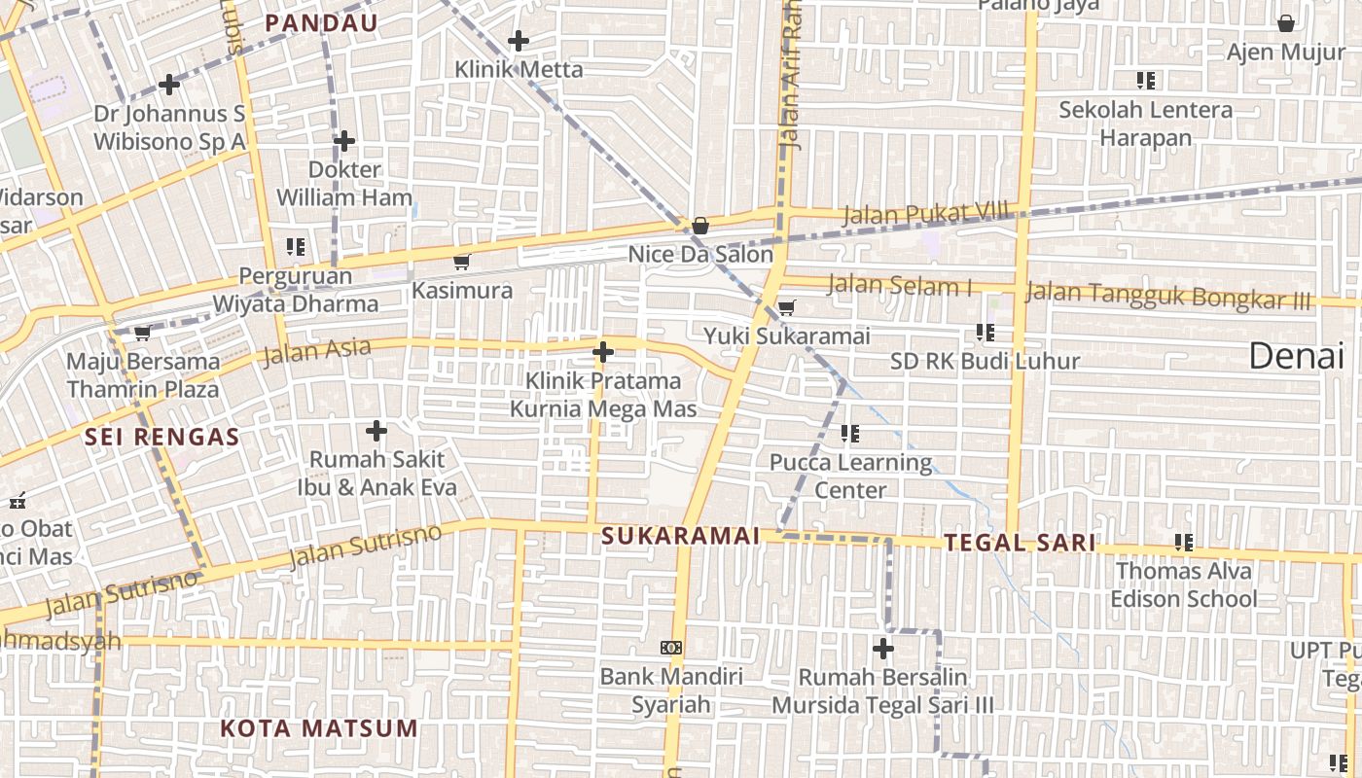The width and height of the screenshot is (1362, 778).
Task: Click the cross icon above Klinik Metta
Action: tap(519, 41)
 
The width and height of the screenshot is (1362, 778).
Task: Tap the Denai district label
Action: tap(1296, 357)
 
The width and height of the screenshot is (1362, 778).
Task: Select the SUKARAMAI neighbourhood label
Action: tap(680, 536)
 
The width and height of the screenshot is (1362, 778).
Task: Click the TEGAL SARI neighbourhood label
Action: tap(1020, 543)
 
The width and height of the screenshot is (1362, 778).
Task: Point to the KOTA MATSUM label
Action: tap(318, 728)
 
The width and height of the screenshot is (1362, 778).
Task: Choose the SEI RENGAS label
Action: tap(161, 437)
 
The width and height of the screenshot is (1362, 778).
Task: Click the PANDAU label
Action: tap(321, 23)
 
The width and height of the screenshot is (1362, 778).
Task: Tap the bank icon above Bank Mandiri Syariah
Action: tap(670, 648)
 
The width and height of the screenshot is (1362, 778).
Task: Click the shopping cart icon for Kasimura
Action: tap(462, 262)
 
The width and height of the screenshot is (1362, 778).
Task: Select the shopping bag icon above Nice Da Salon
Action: tap(699, 226)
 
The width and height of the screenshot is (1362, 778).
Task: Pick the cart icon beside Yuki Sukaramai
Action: tap(786, 308)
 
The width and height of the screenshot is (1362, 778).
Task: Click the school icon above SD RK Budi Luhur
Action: tap(985, 333)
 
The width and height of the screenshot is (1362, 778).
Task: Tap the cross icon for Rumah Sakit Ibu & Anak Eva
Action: tap(376, 431)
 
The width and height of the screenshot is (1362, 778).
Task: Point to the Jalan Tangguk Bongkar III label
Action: tap(1167, 295)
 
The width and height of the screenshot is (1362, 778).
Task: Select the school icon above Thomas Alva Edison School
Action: tap(1183, 542)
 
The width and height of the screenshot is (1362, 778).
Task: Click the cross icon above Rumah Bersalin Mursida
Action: tap(883, 648)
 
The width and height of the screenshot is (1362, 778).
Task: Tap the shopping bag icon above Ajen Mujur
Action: tap(1285, 23)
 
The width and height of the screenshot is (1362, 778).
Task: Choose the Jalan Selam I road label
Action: tap(899, 286)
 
